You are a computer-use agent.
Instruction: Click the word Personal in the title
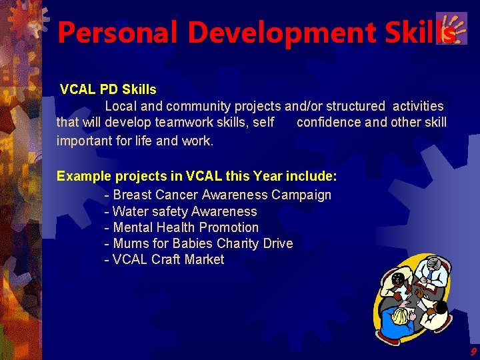(x=107, y=32)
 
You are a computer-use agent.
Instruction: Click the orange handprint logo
(x=451, y=28)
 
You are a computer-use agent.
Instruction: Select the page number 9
(x=473, y=351)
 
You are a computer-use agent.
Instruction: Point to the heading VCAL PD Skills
(x=108, y=89)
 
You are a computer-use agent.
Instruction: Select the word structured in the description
(x=354, y=106)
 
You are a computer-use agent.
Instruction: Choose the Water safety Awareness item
(x=181, y=211)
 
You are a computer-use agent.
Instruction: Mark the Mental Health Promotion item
(x=181, y=227)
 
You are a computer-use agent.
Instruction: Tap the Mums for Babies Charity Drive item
(x=199, y=243)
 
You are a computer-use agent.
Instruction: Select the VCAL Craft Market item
(x=165, y=259)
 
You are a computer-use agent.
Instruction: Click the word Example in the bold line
(x=83, y=177)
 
